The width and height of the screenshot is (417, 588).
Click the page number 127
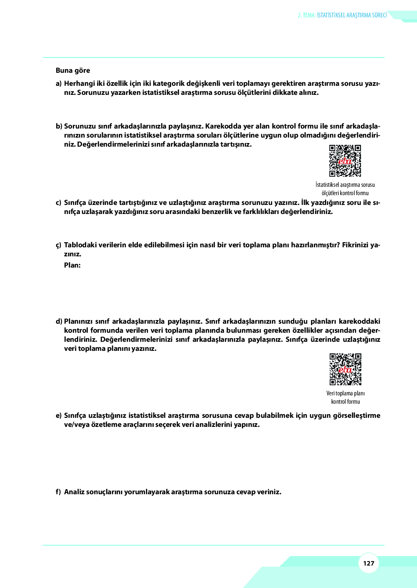click(x=368, y=563)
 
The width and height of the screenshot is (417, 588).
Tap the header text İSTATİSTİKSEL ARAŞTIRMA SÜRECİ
click(x=351, y=15)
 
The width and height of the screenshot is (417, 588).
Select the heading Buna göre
click(x=73, y=71)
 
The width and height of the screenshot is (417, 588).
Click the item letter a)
click(x=59, y=84)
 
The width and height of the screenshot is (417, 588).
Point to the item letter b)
click(x=59, y=126)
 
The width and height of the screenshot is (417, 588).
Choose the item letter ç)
click(x=59, y=245)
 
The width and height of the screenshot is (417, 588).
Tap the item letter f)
click(x=58, y=492)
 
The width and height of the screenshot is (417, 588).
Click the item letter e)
click(x=59, y=416)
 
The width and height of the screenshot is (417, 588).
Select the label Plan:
click(x=72, y=265)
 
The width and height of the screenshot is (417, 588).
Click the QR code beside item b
click(x=345, y=161)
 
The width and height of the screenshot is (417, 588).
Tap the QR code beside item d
click(x=345, y=369)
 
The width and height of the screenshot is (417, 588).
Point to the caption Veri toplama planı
click(x=345, y=393)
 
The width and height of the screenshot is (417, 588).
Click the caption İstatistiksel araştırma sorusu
click(x=345, y=185)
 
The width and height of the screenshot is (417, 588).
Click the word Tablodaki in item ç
click(x=79, y=245)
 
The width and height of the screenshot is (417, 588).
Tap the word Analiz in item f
click(x=74, y=492)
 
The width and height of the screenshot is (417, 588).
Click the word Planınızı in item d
click(x=79, y=322)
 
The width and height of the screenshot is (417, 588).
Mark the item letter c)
click(x=59, y=203)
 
